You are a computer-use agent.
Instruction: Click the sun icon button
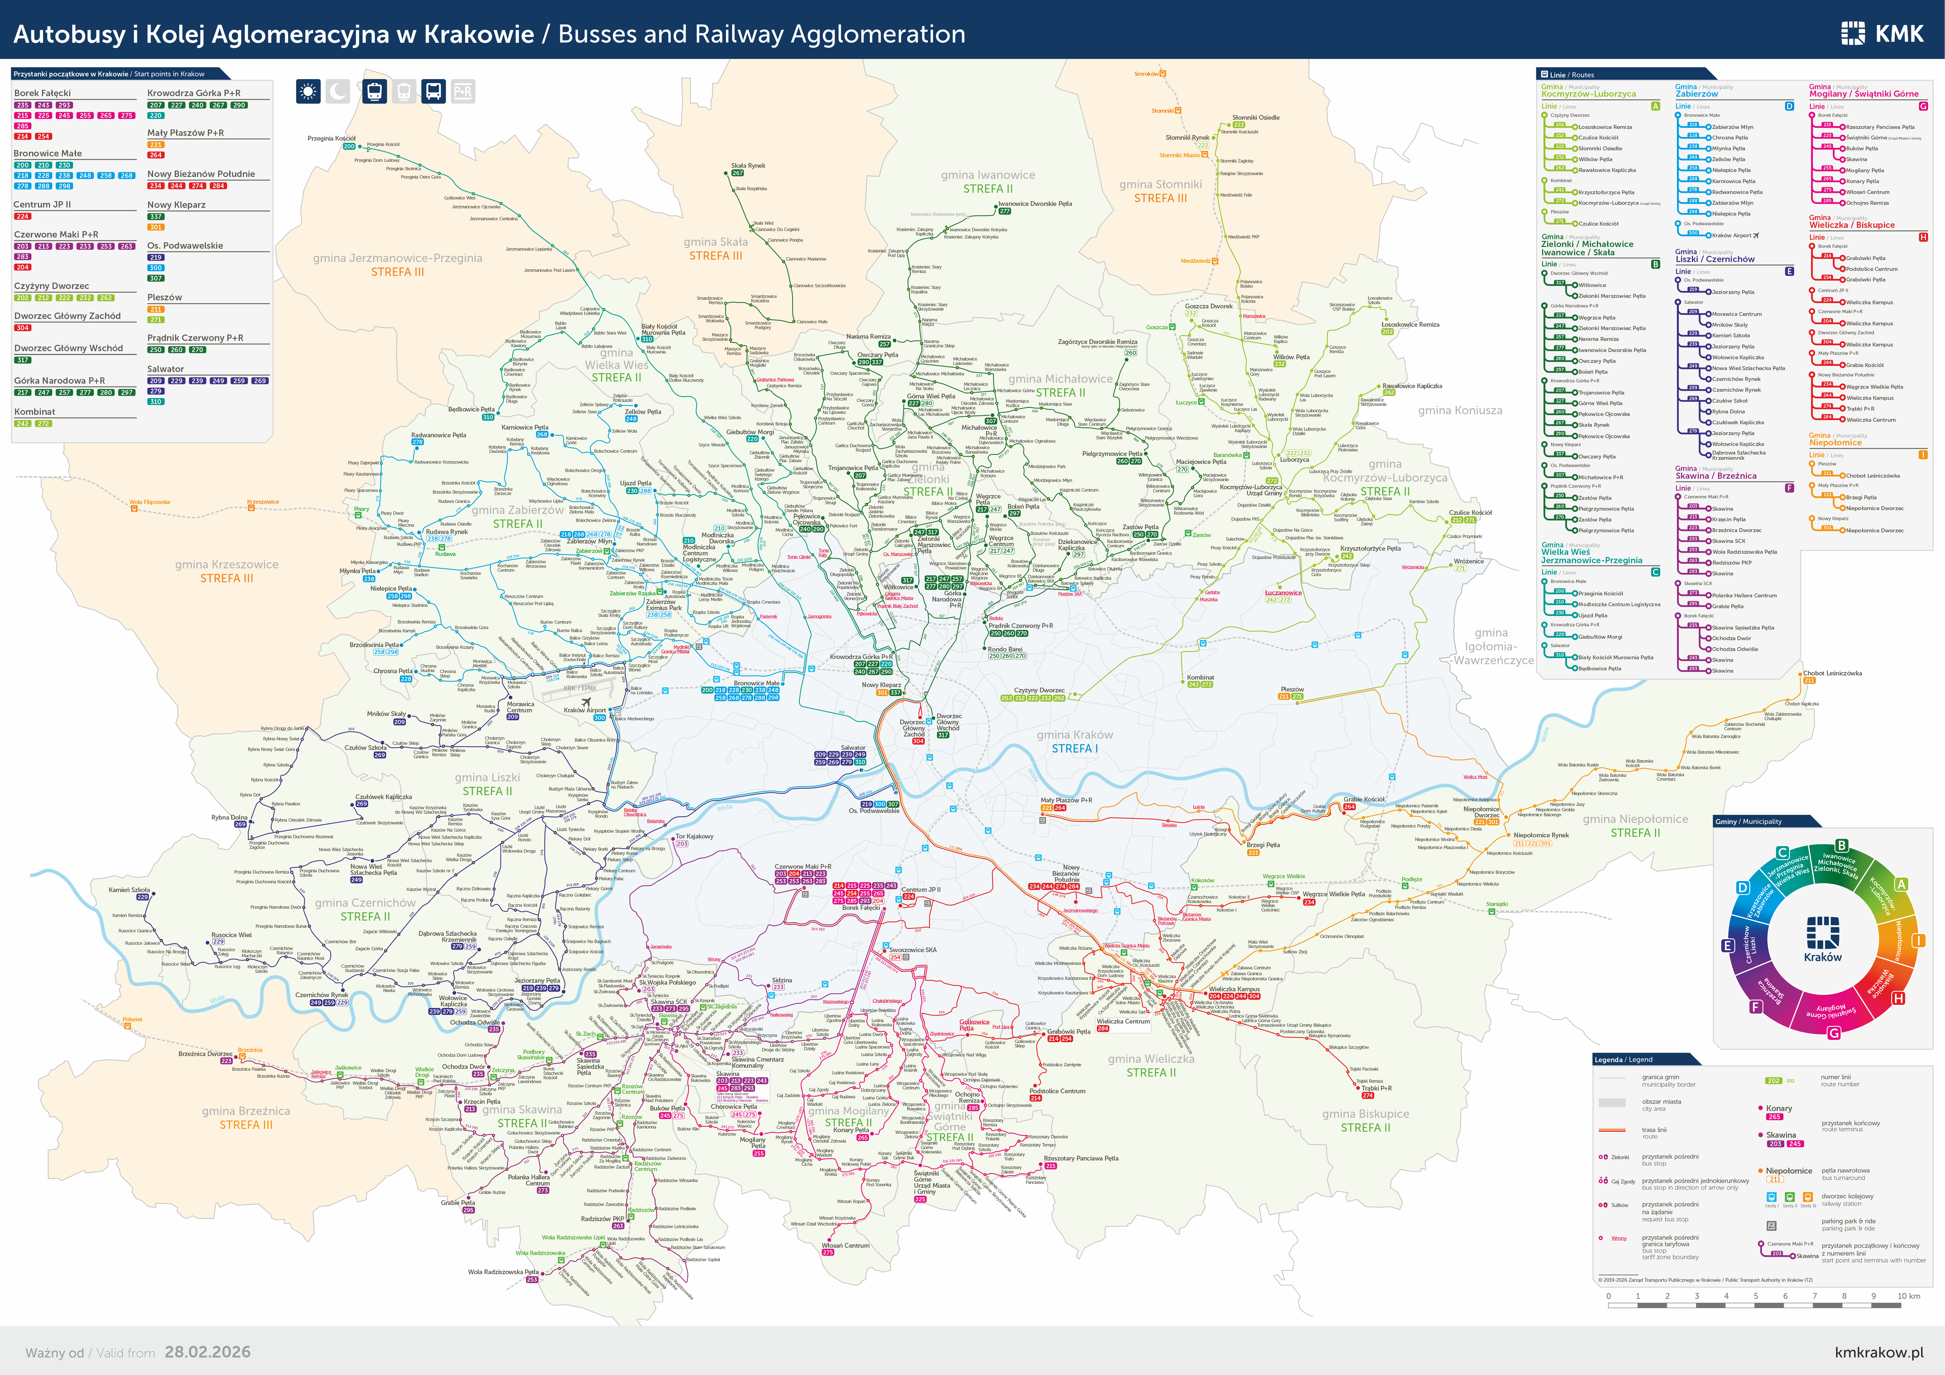tap(308, 91)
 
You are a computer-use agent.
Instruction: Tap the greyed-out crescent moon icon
tap(338, 91)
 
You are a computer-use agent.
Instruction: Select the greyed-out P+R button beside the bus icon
tap(463, 91)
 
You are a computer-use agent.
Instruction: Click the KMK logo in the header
tap(1882, 34)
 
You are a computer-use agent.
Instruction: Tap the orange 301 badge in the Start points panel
tap(156, 227)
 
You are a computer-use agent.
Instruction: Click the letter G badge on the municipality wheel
tap(1834, 1033)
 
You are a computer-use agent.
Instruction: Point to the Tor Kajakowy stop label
tap(694, 836)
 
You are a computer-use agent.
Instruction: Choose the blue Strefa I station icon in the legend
tap(1771, 1197)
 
